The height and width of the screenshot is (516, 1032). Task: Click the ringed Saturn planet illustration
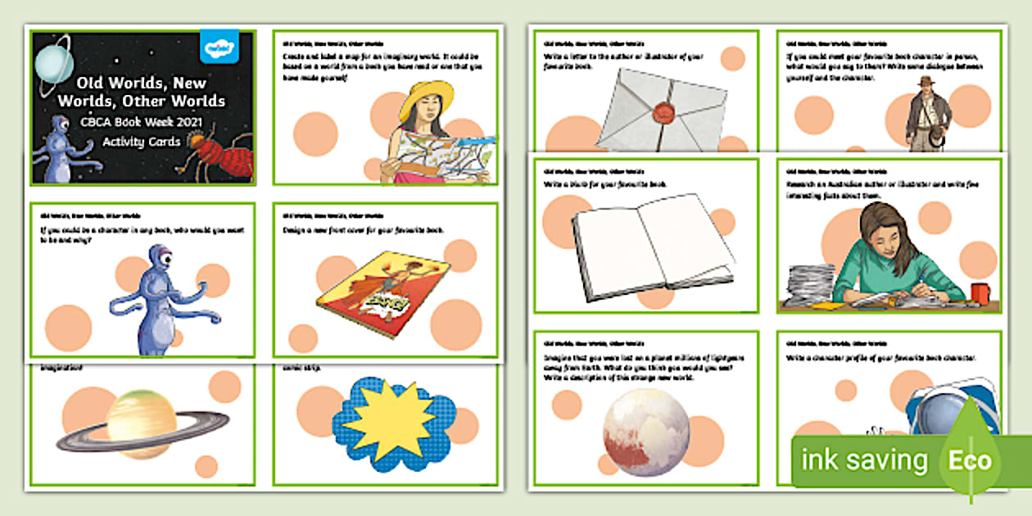(143, 423)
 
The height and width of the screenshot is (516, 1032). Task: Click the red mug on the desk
(980, 292)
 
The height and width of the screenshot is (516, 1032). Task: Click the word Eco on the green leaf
(971, 459)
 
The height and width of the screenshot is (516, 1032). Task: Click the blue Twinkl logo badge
(219, 48)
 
